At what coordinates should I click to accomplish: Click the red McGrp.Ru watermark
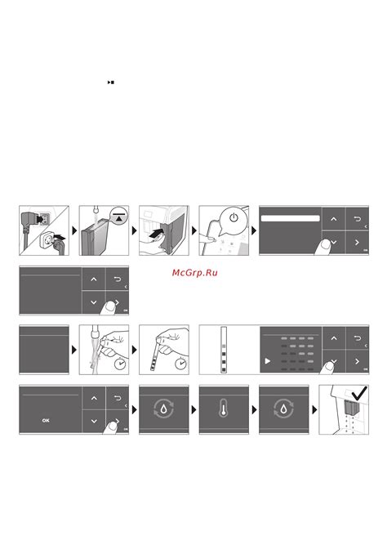(x=195, y=273)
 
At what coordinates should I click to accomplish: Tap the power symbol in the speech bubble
(x=234, y=217)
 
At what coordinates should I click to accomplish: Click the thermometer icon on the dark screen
(x=224, y=409)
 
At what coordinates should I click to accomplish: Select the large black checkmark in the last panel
(x=359, y=393)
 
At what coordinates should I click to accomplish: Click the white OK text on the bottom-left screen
(x=46, y=421)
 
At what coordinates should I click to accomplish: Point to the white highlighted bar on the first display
(x=290, y=218)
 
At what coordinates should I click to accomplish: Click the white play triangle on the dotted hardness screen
(x=268, y=361)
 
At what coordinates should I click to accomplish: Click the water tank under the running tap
(x=95, y=237)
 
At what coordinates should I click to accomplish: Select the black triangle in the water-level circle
(x=119, y=219)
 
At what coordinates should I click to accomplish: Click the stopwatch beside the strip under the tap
(x=120, y=364)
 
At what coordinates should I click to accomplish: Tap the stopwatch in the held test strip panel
(x=180, y=364)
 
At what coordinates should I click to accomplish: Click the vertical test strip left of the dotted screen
(x=224, y=350)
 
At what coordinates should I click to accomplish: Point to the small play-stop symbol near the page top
(x=111, y=83)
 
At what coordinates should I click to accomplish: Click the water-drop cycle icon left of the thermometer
(x=163, y=409)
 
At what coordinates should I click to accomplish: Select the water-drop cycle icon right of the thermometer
(x=284, y=409)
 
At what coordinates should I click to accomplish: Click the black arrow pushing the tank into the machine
(x=156, y=233)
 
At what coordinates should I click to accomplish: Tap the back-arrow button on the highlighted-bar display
(x=357, y=219)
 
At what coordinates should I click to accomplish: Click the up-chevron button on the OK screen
(x=94, y=398)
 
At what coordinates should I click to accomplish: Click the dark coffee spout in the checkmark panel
(x=350, y=407)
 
